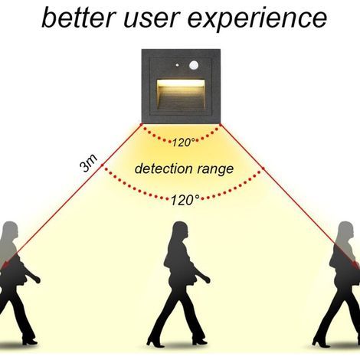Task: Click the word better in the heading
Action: pos(78,17)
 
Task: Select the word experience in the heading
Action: pos(257,20)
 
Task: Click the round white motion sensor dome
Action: pos(195,65)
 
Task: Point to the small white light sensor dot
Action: pos(177,65)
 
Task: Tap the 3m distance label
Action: pos(88,163)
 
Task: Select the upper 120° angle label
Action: pos(184,142)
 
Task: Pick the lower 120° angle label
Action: pos(185,200)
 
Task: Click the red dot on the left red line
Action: pos(102,165)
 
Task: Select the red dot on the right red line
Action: pos(263,169)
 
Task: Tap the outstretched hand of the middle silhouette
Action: pos(208,280)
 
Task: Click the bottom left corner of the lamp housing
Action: pos(142,124)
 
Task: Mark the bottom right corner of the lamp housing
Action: pos(220,124)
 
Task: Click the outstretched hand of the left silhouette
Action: pos(38,280)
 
